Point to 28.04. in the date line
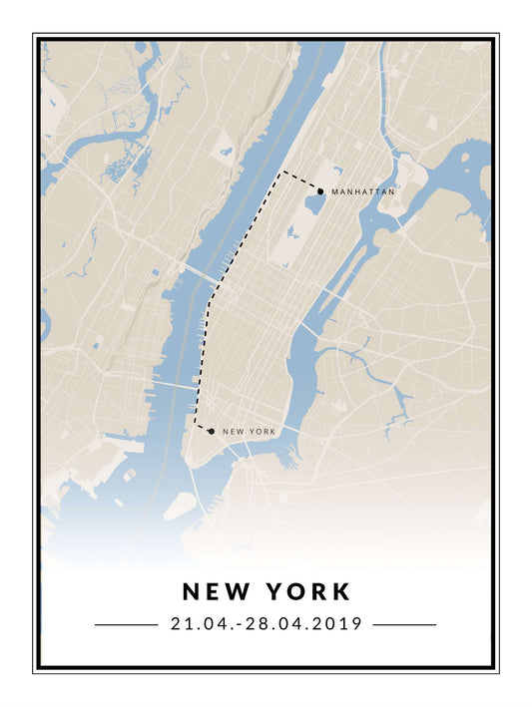(x=264, y=624)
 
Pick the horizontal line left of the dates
(x=126, y=625)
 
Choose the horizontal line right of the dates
(x=404, y=625)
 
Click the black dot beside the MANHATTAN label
(x=320, y=190)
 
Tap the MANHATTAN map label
(x=363, y=190)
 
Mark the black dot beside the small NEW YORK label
(x=212, y=432)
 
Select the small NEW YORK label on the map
(x=249, y=432)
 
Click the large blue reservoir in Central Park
(x=314, y=203)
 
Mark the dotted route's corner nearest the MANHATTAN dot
(x=282, y=172)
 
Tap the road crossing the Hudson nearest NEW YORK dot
(x=172, y=384)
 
